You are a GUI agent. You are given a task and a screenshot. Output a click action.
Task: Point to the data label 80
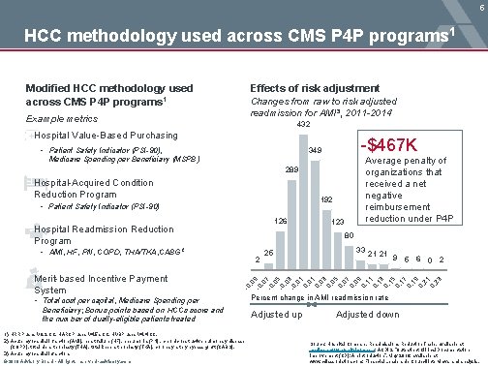coord(350,236)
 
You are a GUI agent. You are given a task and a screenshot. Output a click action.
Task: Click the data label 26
coord(268,253)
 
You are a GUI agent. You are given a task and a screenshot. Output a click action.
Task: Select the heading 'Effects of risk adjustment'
coord(306,87)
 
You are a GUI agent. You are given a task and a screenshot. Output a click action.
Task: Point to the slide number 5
coord(479,6)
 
